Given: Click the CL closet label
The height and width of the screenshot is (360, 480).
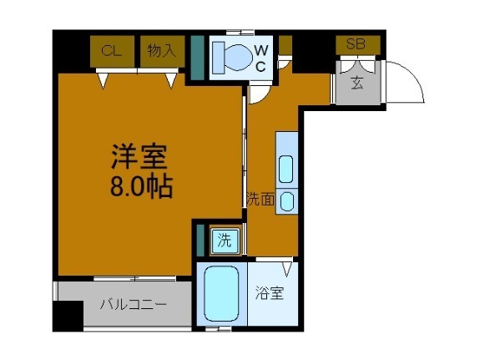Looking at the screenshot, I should pos(108,51).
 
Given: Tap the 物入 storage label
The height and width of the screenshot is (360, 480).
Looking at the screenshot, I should pos(161,51).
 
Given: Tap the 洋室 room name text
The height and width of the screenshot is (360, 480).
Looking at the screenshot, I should pos(140,157).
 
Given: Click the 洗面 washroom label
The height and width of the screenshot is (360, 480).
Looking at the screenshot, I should pos(260,199).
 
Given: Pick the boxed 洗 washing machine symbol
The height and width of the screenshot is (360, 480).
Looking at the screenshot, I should pos(225,241).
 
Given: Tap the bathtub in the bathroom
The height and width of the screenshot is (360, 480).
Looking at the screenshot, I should pos(221,293).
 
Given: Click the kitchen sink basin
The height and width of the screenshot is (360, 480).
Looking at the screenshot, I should pos(286,169).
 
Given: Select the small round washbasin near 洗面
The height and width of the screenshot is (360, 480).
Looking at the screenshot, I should pos(286,200).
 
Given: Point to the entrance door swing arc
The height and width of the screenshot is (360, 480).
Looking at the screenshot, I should pos(404,84).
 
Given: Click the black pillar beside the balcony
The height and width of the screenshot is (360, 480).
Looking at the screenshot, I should pos(67,316).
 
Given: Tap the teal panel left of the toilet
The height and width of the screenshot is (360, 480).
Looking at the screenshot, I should pos(197,58).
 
